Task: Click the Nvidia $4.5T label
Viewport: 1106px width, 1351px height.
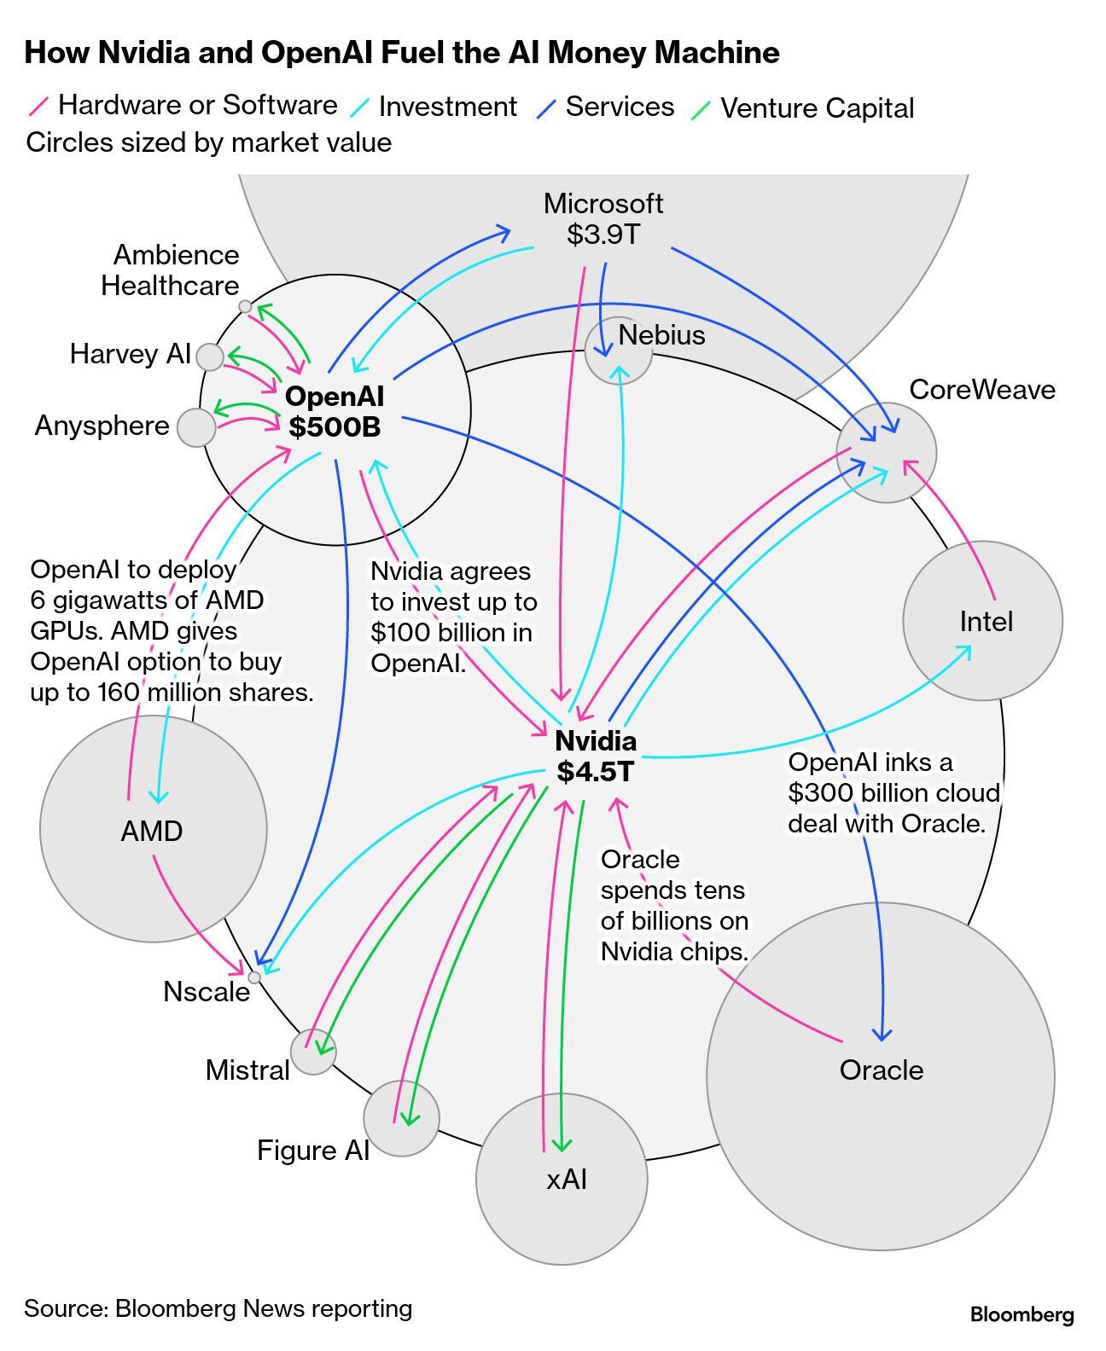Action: coord(596,757)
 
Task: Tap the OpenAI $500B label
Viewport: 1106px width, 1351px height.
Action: coord(335,411)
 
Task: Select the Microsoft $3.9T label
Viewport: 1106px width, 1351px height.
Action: coord(603,218)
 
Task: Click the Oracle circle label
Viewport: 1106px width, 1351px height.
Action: coord(882,1070)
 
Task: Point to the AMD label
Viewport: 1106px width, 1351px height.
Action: coord(152,831)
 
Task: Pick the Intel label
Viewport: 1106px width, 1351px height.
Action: coord(986,622)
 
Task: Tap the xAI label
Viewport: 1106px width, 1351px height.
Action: coord(566,1180)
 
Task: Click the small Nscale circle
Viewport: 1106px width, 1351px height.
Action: coord(253,977)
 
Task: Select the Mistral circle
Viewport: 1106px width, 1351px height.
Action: coord(312,1052)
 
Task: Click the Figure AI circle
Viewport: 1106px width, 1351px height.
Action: coord(401,1118)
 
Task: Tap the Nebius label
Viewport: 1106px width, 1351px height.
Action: coord(661,335)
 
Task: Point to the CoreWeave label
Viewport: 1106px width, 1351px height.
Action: coord(981,390)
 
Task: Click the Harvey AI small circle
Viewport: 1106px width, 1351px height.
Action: coord(209,357)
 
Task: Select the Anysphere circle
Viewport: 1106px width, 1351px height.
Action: coord(196,427)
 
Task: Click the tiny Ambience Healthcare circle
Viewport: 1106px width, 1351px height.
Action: coord(245,306)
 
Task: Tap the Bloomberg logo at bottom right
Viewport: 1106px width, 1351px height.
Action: coord(1022,1314)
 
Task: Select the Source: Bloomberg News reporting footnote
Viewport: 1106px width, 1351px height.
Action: coord(218,1308)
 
